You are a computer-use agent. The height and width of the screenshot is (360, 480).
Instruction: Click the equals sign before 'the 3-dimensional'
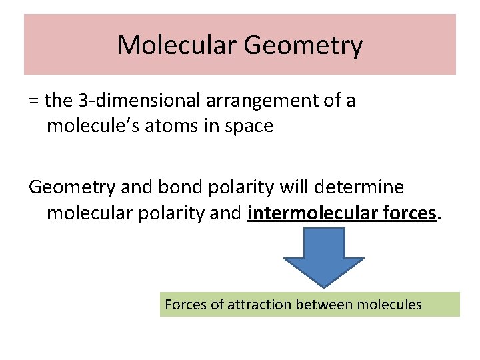click(x=34, y=101)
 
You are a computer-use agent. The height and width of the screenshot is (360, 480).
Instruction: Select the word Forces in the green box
click(x=186, y=305)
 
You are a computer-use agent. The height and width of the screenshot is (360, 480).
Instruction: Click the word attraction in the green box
click(x=259, y=305)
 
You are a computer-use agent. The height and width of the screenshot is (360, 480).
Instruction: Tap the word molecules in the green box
click(x=389, y=305)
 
